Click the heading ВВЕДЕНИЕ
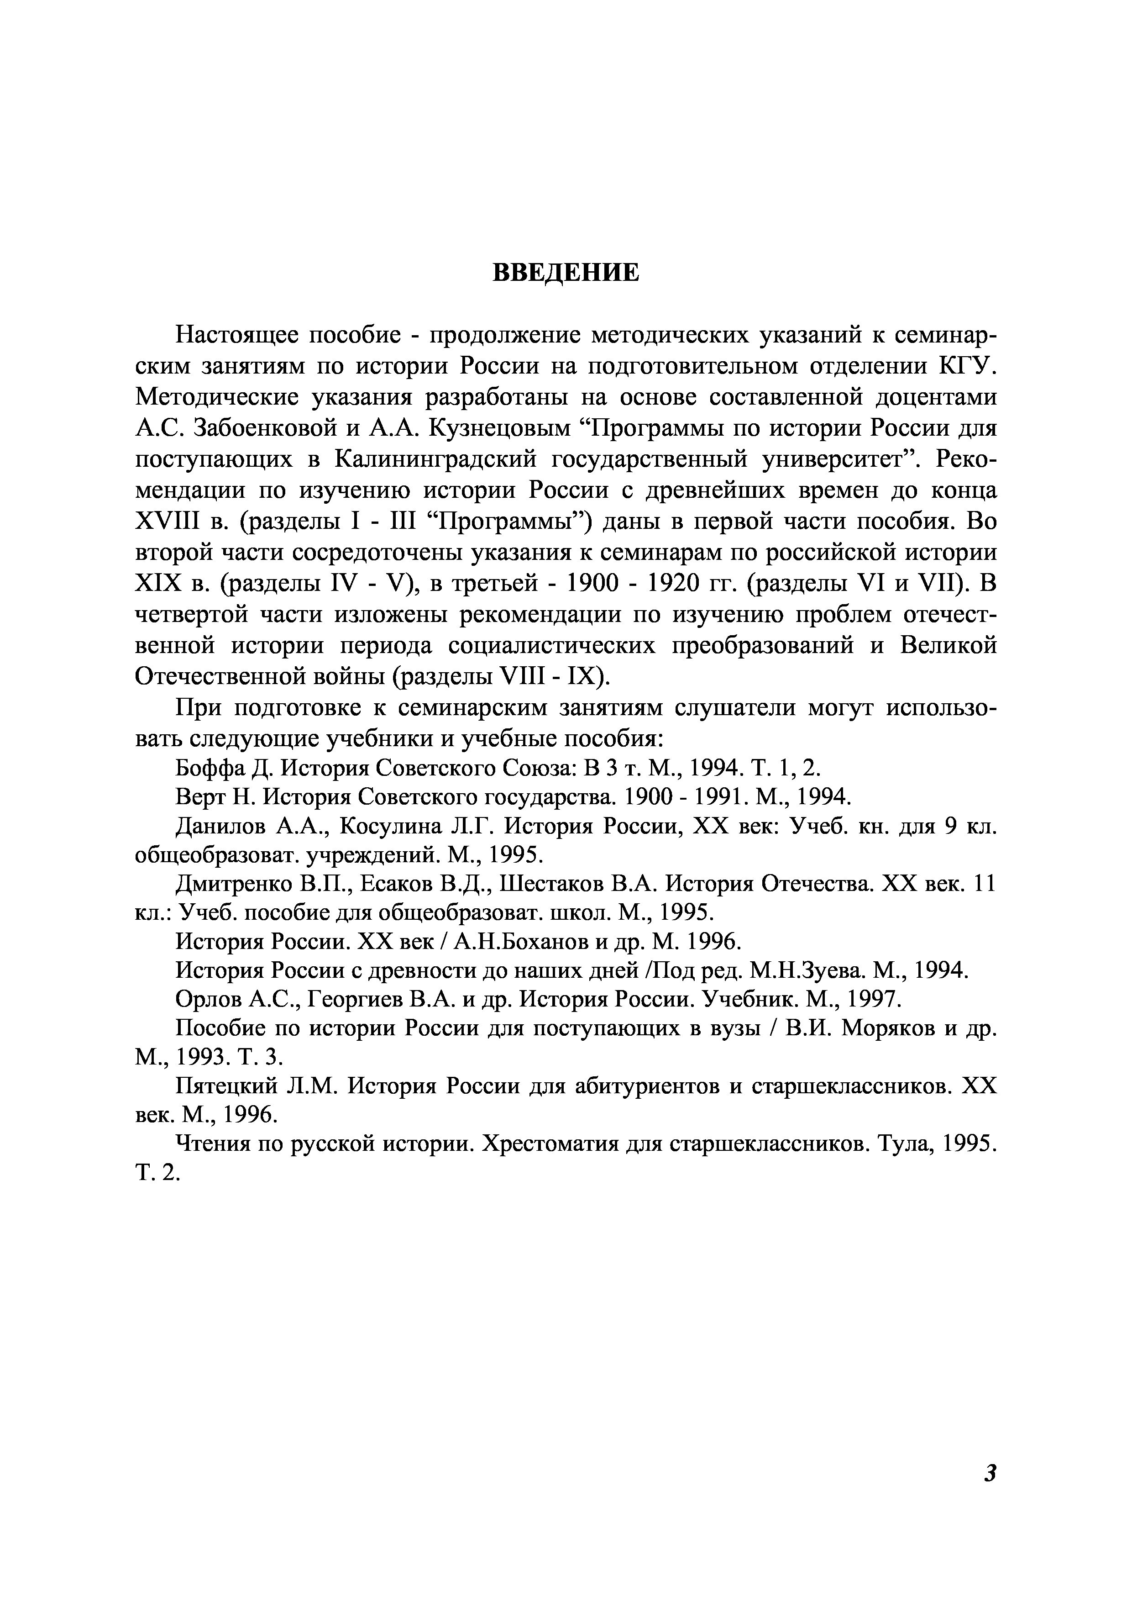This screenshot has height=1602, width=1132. [x=566, y=273]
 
